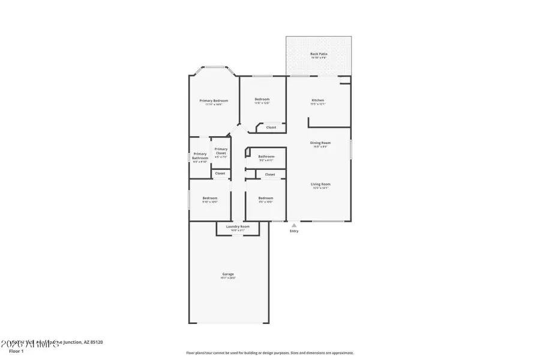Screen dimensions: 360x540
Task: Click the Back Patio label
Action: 319,54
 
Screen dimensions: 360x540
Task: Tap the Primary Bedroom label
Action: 214,100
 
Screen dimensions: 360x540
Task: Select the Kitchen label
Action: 317,100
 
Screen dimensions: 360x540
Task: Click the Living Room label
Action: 320,184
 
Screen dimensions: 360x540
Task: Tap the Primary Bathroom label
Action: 200,155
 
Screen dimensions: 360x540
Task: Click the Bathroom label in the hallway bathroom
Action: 266,157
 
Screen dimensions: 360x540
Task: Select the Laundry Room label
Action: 238,226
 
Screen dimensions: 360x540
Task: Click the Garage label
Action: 228,274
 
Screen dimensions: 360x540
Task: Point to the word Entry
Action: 293,231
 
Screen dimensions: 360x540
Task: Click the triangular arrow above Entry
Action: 293,225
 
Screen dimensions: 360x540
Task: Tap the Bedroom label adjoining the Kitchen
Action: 262,99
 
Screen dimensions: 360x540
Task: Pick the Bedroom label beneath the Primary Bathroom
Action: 209,198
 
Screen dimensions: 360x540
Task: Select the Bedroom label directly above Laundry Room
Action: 266,198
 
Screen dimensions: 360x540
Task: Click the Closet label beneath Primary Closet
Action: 220,173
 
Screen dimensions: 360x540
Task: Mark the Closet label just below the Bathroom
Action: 270,175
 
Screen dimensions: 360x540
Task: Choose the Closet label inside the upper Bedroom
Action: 271,127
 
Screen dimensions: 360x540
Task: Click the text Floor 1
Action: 16,350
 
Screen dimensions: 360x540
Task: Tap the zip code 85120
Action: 95,342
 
